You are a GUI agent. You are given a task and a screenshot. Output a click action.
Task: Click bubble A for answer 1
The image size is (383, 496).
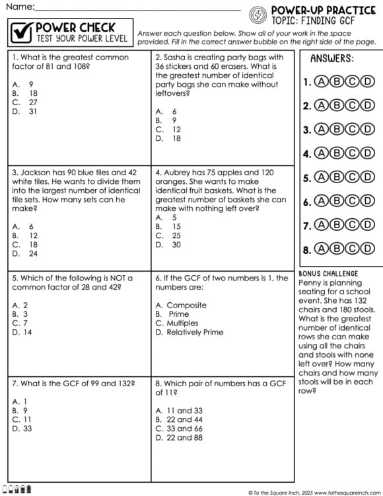322,82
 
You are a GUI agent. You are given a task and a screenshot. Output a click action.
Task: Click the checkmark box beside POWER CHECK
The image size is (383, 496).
22,32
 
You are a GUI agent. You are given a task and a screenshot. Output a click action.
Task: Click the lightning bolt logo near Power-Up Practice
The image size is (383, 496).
258,14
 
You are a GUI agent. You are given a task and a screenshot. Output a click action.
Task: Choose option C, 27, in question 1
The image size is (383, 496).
26,103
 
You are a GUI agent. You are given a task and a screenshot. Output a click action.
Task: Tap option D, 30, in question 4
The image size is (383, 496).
168,245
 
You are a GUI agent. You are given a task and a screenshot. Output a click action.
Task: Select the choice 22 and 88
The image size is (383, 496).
179,438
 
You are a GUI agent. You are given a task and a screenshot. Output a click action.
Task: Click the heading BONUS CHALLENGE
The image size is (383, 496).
329,274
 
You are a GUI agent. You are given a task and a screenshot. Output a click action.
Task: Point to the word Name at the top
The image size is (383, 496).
20,7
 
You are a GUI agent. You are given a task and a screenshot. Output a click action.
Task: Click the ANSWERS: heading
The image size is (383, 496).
331,59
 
